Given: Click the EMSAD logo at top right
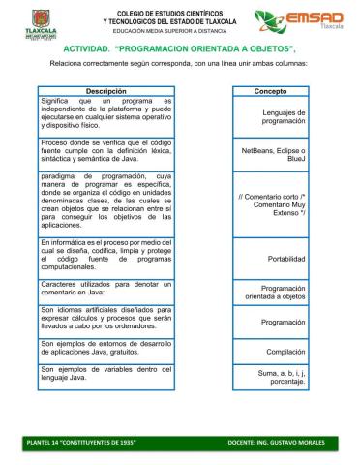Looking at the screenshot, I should tap(298, 21).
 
